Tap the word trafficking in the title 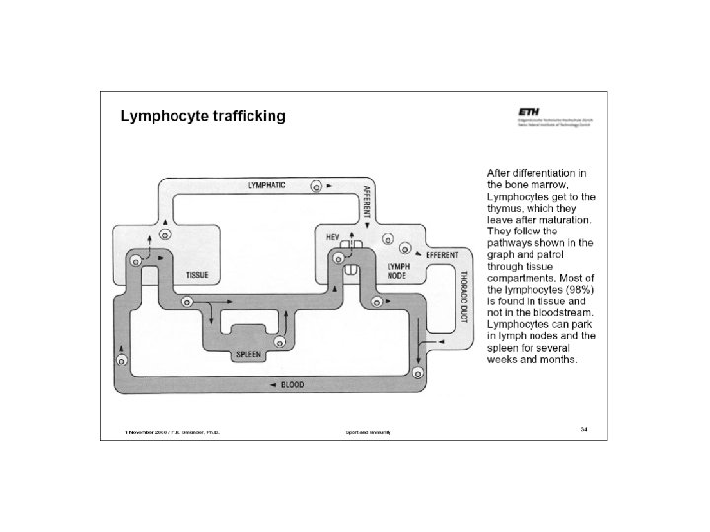point(251,117)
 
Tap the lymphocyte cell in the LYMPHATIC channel point(317,185)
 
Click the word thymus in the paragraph point(507,208)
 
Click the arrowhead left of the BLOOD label point(273,384)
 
